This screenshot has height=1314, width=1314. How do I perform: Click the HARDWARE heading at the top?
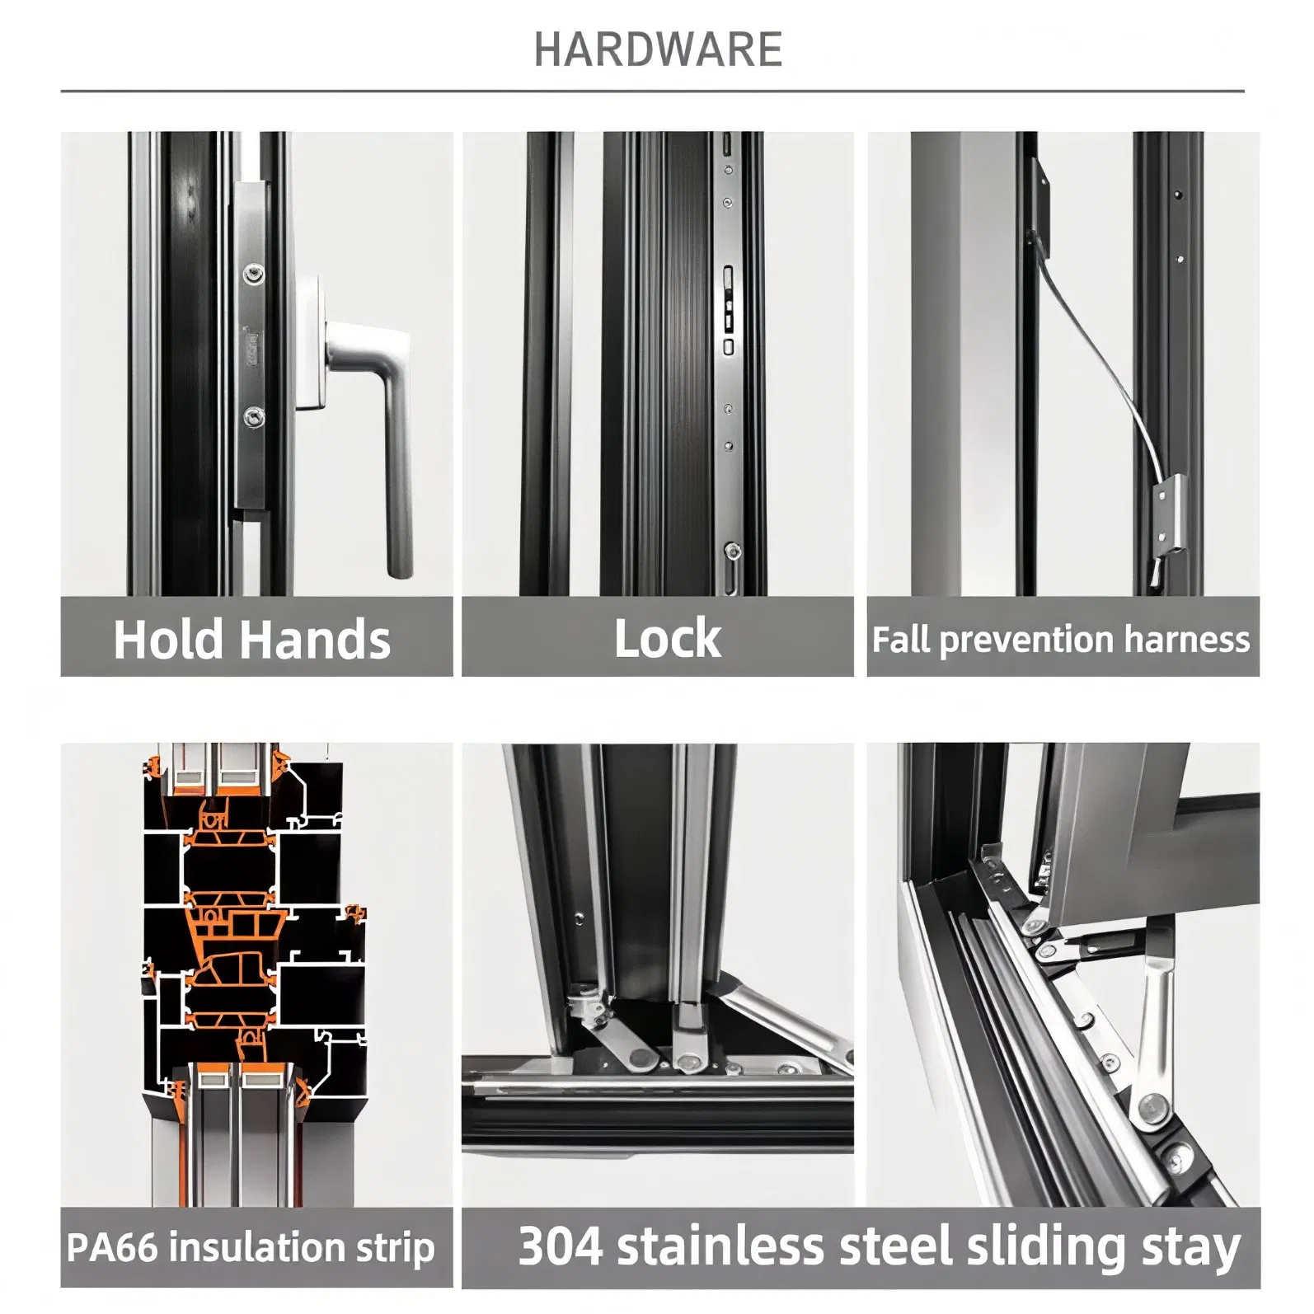click(658, 49)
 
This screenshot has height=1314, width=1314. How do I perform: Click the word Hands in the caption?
click(316, 640)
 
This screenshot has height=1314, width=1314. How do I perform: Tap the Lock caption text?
click(667, 639)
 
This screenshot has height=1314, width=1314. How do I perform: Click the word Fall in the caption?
click(901, 640)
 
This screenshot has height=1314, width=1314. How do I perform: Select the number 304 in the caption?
click(561, 1246)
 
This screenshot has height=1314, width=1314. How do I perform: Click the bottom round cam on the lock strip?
click(732, 550)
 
